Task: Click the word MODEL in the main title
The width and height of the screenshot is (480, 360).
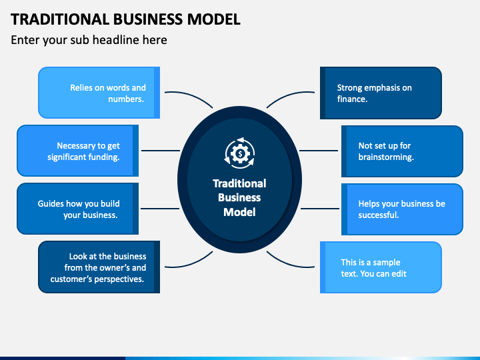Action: pos(214,19)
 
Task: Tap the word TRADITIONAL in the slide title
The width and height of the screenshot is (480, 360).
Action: pos(60,19)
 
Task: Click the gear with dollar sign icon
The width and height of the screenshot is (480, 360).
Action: pos(240,153)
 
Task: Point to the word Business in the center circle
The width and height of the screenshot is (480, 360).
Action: pos(239,198)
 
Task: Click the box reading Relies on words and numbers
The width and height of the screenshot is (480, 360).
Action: pos(99,93)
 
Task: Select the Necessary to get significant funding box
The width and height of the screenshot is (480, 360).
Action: pos(78,151)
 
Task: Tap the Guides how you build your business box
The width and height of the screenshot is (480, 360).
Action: pos(78,209)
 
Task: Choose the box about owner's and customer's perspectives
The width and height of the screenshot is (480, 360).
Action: pos(99,267)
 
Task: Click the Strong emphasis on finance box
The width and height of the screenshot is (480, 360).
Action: pos(381,93)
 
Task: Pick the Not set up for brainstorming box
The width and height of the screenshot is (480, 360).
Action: pos(402,151)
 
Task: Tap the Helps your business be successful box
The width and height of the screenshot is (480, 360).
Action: pos(402,209)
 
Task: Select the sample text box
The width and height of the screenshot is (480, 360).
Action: pos(381,267)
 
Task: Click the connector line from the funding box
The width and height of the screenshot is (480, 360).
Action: pos(161,151)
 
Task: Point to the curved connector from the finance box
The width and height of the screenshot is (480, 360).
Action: pos(289,96)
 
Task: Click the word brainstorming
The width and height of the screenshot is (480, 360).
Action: pos(386,157)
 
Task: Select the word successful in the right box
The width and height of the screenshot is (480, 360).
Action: pos(379,215)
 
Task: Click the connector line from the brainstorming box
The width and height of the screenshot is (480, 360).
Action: pos(319,151)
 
